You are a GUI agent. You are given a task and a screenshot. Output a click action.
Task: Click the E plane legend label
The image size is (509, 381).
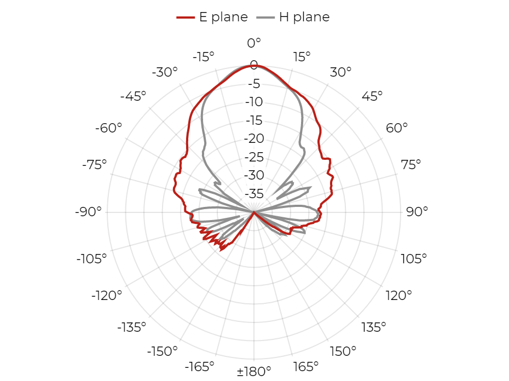coord(223,17)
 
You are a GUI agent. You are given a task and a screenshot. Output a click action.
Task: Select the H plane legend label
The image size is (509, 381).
coord(304,17)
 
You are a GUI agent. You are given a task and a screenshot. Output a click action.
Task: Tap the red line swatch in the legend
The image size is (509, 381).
coord(186,17)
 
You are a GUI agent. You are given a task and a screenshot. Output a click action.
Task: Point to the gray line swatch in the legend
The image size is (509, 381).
coord(265,17)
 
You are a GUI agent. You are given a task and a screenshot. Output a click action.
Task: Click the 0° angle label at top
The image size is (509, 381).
coord(254,43)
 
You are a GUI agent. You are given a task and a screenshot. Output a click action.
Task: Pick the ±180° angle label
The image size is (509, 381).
coord(254,371)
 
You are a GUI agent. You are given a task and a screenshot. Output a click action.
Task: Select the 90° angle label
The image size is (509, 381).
coord(417,211)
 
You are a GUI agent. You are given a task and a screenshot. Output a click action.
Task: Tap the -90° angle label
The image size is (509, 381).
coord(88,211)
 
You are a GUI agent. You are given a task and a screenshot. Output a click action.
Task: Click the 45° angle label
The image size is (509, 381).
coord(372,96)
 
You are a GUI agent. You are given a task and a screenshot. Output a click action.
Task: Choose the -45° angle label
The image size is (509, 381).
coord(133,96)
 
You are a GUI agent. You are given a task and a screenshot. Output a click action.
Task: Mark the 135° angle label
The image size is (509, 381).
coord(374,327)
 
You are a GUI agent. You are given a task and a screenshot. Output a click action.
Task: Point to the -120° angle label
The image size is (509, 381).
coord(107,296)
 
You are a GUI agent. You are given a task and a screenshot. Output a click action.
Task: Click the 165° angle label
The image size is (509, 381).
coord(305,367)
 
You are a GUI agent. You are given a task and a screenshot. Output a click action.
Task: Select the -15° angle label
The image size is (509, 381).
coord(204,57)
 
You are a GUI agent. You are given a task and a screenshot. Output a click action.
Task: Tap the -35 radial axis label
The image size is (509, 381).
coord(254,194)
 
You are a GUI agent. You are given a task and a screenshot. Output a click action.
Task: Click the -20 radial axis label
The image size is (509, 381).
coord(254,138)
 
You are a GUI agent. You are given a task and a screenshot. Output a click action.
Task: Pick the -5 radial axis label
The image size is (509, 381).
coord(254,84)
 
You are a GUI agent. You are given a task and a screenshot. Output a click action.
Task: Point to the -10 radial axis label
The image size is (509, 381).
coord(254,102)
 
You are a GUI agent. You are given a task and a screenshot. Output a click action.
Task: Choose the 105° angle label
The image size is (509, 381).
coord(414,259)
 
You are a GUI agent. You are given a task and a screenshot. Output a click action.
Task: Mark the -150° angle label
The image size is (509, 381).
coord(163,351)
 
